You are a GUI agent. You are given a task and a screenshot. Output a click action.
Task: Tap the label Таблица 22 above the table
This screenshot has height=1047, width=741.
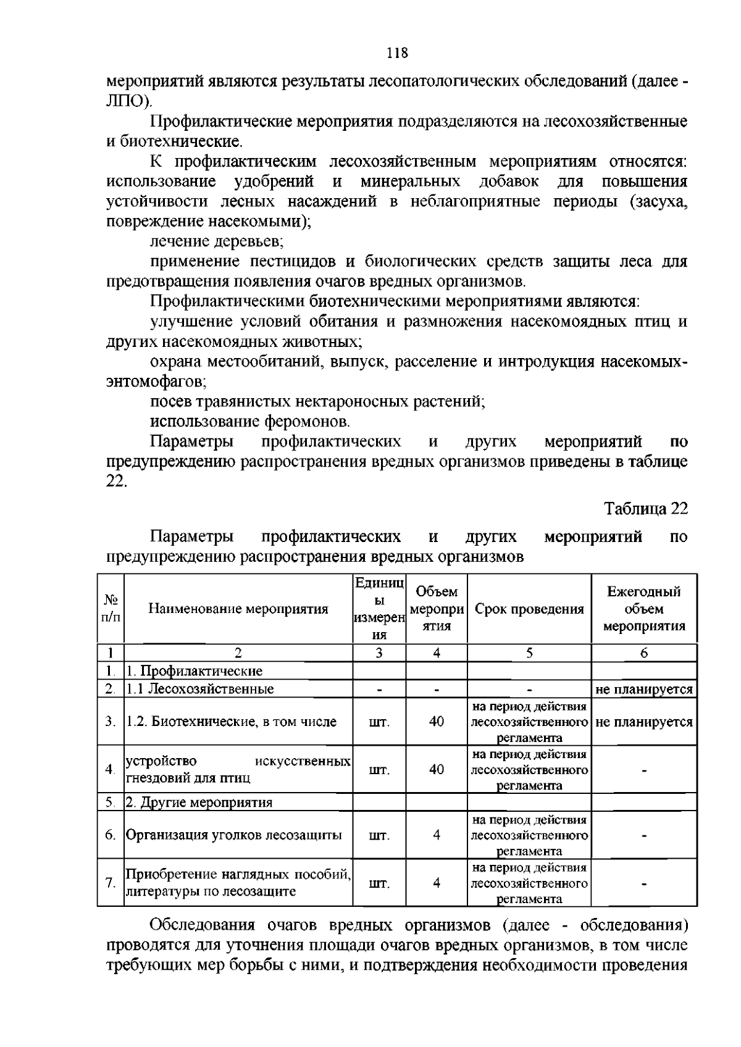(x=645, y=509)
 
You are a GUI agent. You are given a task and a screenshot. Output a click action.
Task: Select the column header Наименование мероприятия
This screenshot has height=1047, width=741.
(x=238, y=609)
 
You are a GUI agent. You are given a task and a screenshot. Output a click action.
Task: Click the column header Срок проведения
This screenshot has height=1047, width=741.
(x=529, y=609)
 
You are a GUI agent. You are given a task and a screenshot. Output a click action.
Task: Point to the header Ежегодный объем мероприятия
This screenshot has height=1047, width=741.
(x=643, y=609)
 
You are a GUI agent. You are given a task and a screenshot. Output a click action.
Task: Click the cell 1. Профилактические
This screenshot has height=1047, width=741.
(x=195, y=671)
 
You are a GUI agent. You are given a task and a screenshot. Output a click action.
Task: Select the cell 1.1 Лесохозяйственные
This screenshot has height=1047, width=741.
(x=200, y=689)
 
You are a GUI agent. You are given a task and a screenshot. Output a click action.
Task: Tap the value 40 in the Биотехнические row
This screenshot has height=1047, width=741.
(x=436, y=722)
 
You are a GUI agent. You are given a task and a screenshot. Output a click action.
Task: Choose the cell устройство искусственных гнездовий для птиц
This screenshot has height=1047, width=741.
(x=238, y=769)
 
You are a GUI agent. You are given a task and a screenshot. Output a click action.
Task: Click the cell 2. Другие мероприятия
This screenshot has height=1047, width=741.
(x=199, y=803)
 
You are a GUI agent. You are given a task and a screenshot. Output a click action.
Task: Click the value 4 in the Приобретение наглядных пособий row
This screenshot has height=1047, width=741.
(x=436, y=883)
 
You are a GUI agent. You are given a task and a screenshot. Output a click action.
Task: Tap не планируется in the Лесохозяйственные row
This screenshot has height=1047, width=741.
(x=643, y=690)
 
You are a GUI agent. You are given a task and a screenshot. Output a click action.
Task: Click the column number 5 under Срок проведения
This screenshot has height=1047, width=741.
(x=529, y=654)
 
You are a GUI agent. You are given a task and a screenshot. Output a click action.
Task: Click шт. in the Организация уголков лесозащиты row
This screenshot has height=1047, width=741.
(x=379, y=836)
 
